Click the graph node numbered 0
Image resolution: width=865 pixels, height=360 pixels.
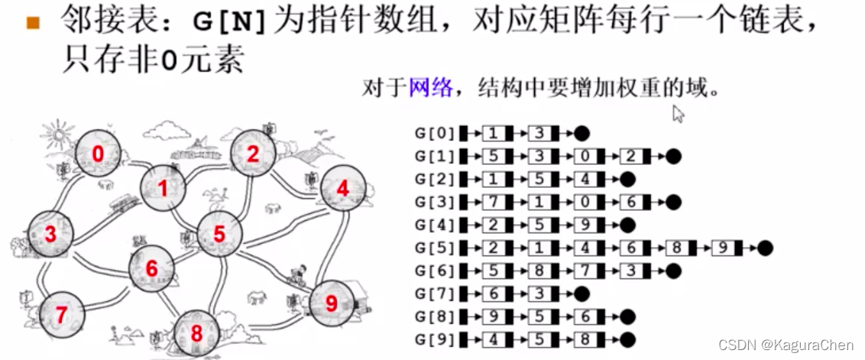(x=98, y=154)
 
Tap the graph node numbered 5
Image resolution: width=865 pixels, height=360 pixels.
(x=220, y=234)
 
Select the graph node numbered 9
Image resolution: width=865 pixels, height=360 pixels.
(x=331, y=303)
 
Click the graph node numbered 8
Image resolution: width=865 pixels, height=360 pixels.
(x=196, y=333)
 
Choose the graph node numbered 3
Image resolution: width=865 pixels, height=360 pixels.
(x=50, y=234)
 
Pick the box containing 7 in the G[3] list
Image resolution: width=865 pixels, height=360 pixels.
(x=493, y=203)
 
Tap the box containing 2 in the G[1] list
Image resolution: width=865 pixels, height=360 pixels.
(x=630, y=157)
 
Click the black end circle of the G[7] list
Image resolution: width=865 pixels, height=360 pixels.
(x=582, y=294)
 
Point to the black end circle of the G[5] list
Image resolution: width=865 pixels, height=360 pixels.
(x=766, y=248)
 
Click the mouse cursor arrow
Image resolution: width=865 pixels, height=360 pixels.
(x=677, y=113)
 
